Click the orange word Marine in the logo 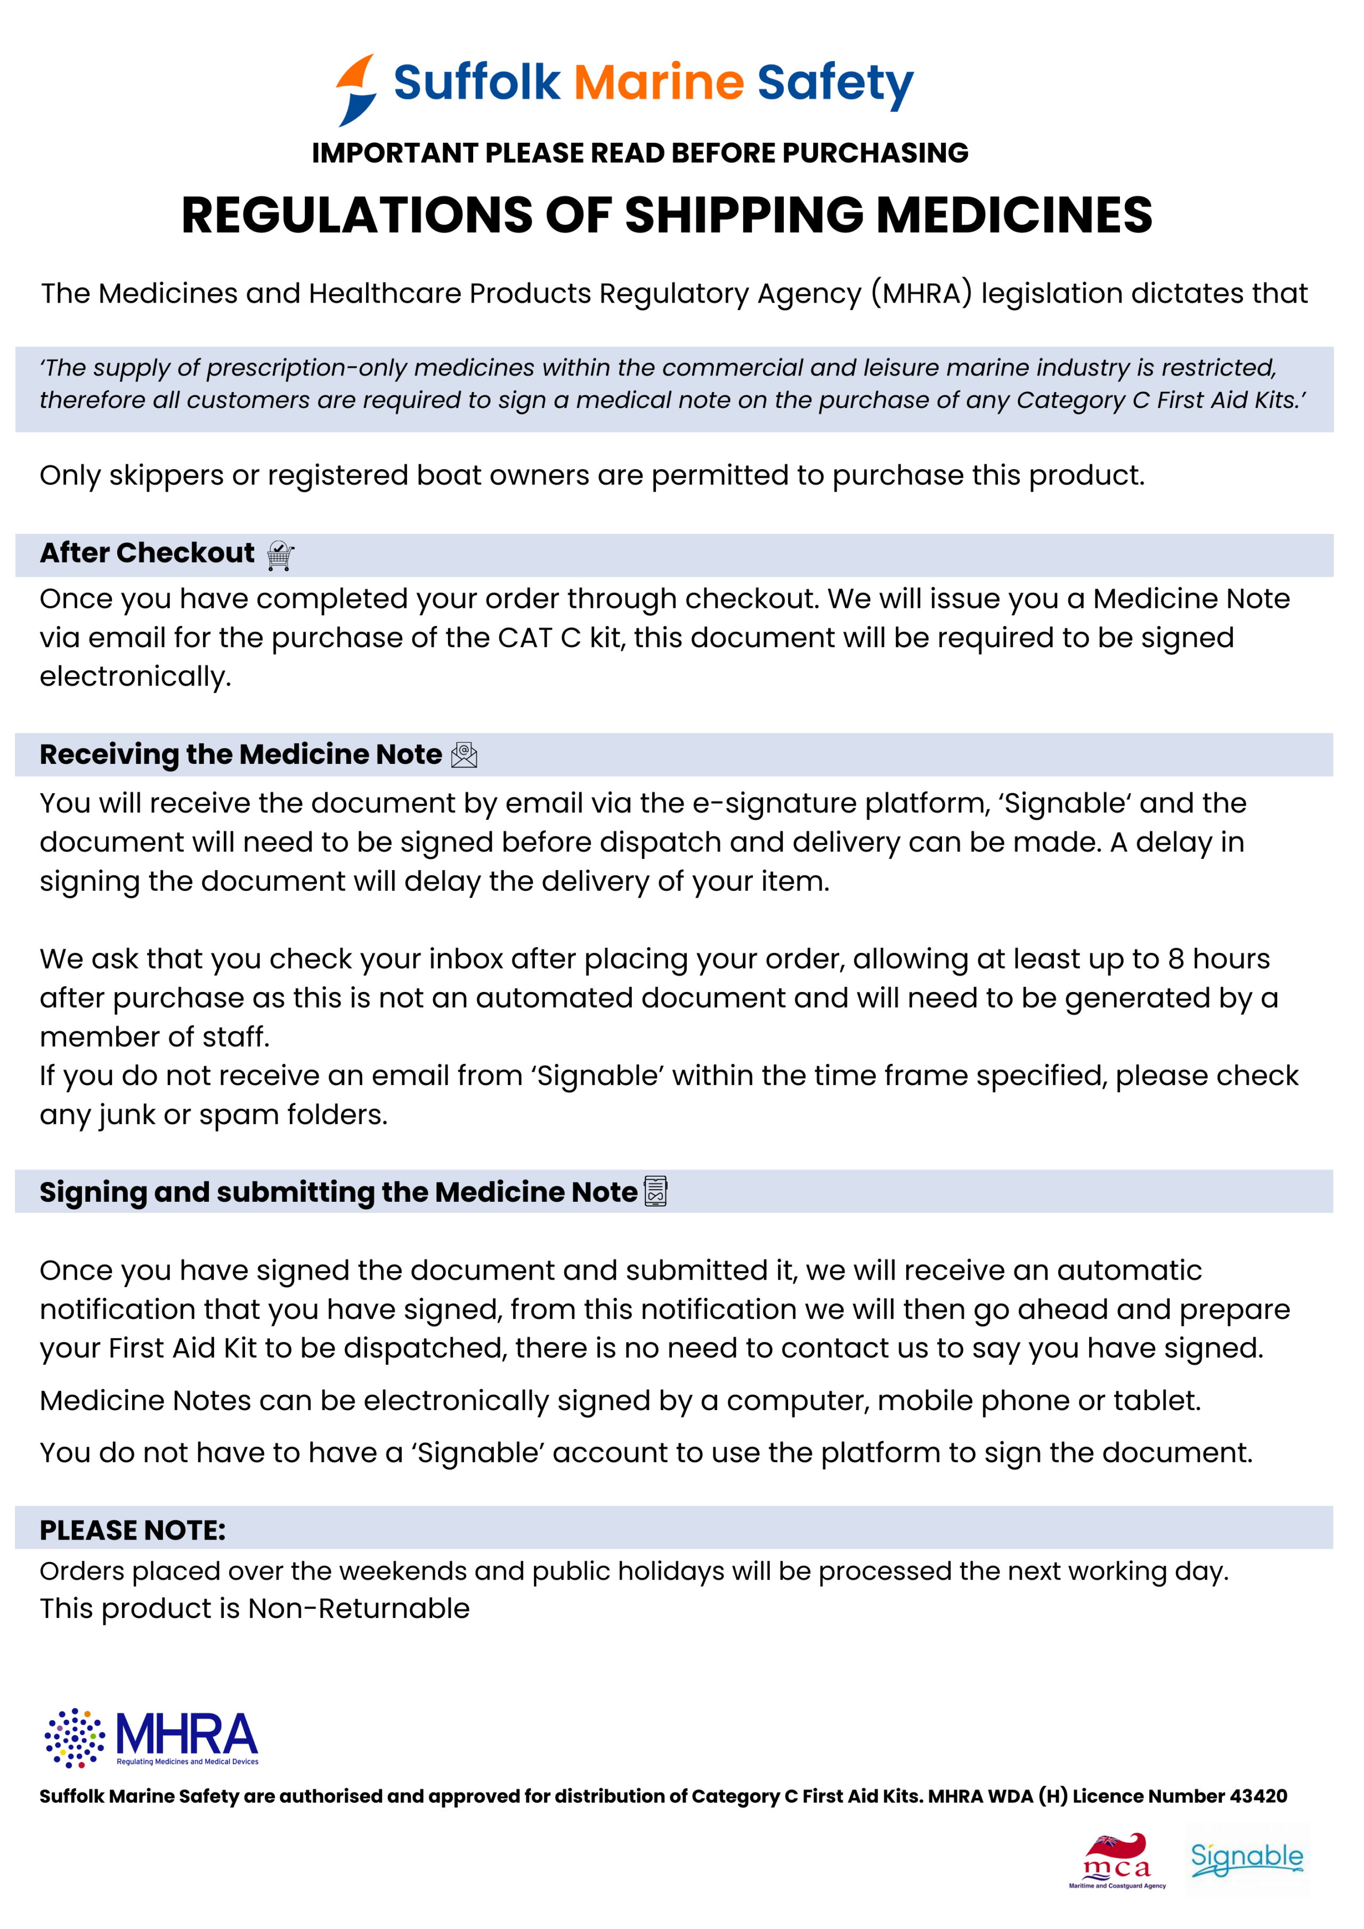(x=659, y=83)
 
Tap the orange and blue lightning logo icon (x=356, y=90)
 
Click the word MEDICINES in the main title (x=1014, y=215)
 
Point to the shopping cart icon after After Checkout (x=280, y=555)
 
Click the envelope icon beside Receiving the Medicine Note (x=464, y=755)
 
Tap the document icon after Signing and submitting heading (x=655, y=1191)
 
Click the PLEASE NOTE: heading (x=133, y=1530)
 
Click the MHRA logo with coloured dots (x=151, y=1737)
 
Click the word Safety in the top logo (x=834, y=83)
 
